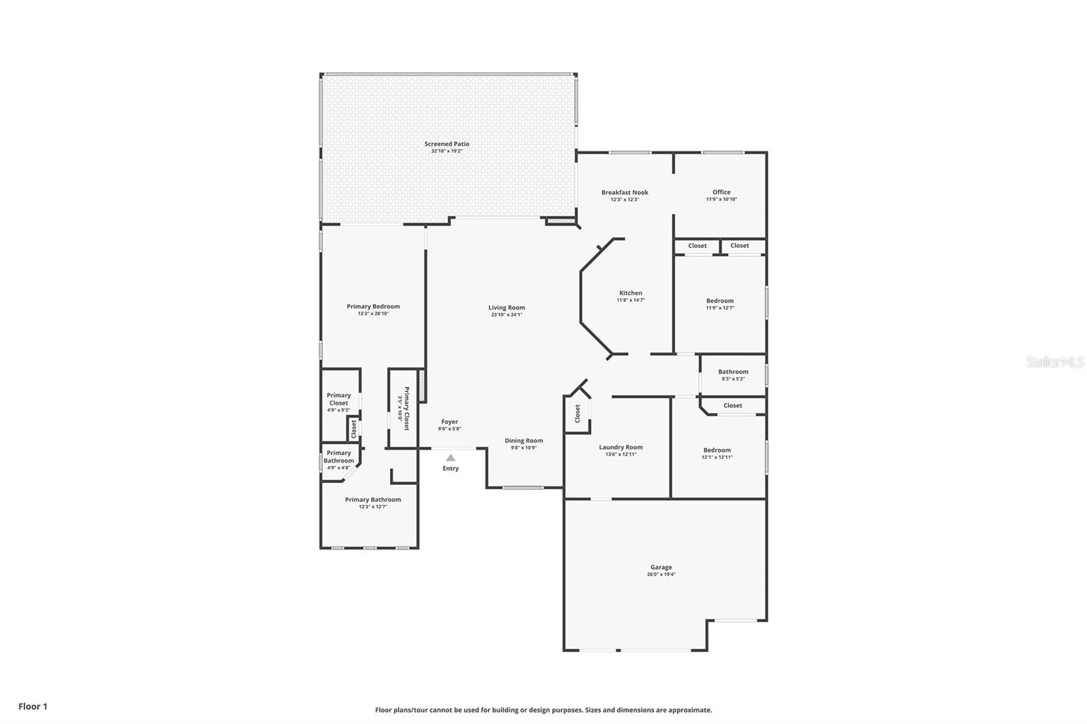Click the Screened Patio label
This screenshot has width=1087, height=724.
point(446,144)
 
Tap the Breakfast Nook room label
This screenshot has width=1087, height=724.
point(624,192)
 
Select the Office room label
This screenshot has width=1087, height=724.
point(721,192)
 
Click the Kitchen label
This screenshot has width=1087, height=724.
point(630,293)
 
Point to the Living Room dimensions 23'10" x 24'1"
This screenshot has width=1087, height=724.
point(506,315)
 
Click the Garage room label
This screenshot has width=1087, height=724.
point(661,567)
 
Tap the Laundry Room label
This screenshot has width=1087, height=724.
point(620,447)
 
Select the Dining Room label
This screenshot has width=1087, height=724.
point(523,441)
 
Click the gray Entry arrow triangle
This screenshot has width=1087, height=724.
point(450,458)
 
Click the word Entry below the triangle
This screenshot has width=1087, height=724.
point(450,469)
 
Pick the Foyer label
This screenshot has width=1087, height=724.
point(449,422)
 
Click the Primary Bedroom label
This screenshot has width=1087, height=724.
point(373,306)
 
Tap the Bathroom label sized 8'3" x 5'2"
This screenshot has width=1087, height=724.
point(733,372)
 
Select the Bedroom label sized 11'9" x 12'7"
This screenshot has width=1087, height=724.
point(719,301)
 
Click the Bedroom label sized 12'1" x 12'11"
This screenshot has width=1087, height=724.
point(717,450)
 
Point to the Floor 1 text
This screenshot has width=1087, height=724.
point(33,706)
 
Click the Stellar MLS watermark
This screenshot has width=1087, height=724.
point(1055,363)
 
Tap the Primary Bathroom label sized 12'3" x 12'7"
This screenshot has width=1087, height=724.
point(372,500)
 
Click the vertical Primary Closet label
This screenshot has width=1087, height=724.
point(406,408)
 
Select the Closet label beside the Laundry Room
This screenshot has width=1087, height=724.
point(577,413)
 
